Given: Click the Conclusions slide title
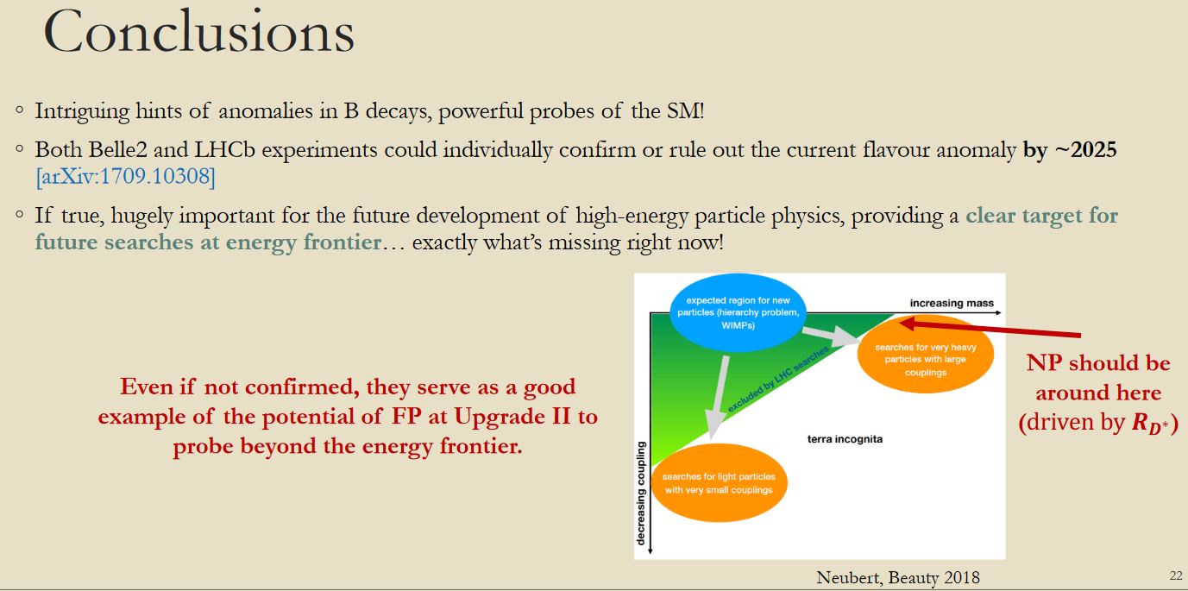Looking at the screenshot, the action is point(199,31).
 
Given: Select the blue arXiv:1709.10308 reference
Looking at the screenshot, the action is point(126,177).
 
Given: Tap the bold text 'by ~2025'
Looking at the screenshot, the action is point(1070,150).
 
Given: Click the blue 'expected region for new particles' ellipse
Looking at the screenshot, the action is point(738,312).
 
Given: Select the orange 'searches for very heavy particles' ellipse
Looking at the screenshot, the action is point(926,354).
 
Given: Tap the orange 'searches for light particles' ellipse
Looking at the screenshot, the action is point(719,483).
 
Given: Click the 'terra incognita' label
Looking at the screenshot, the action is point(845,439).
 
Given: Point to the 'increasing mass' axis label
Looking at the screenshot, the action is point(952,303).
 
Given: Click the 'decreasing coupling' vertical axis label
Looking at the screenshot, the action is point(641,494).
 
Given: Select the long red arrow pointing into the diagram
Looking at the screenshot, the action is point(990,329).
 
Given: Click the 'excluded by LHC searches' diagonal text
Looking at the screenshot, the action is point(777,379).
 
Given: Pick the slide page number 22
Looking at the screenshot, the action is point(1176,575).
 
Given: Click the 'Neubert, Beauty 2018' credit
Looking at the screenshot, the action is point(898,577).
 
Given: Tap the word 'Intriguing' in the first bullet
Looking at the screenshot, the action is point(82,112).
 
